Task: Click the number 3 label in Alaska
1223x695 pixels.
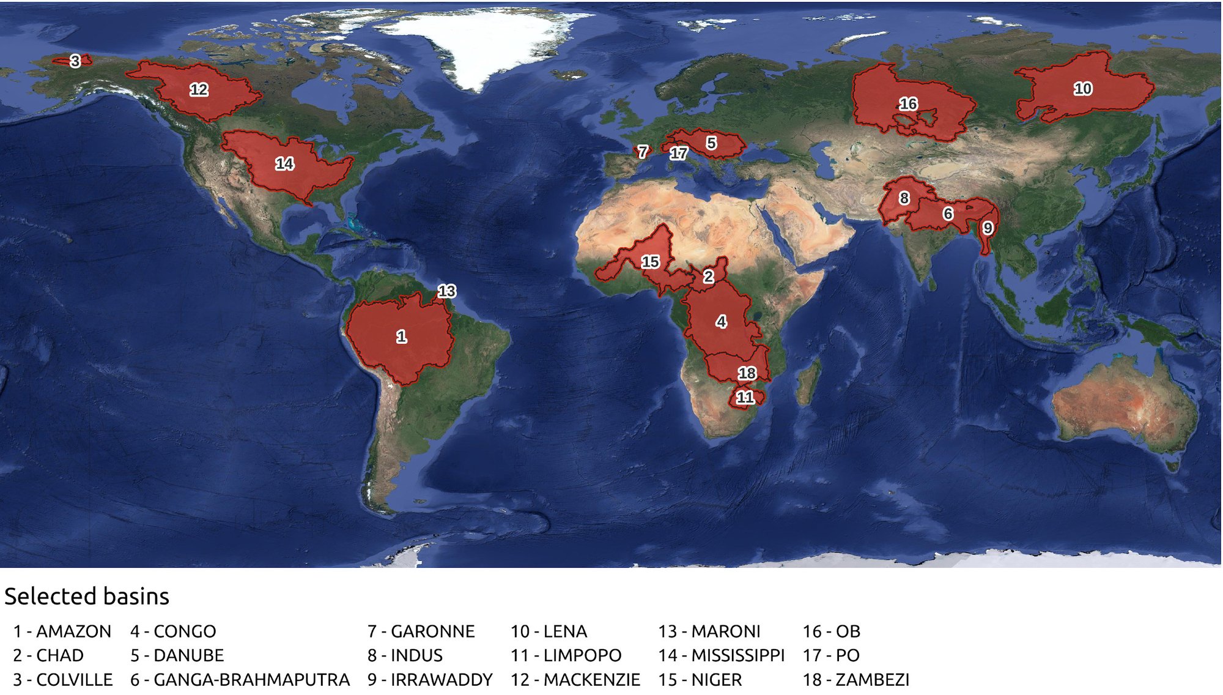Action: click(x=75, y=61)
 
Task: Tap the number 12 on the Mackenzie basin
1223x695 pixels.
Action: click(x=199, y=90)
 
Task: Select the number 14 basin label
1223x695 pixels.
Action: click(x=284, y=163)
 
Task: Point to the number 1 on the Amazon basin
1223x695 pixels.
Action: click(x=401, y=336)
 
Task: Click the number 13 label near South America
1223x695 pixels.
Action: click(x=446, y=291)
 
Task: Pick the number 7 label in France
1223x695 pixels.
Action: click(x=642, y=151)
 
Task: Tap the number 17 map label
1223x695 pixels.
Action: click(x=678, y=153)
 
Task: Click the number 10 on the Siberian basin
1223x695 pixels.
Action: click(x=1082, y=89)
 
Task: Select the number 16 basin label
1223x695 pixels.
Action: click(x=908, y=104)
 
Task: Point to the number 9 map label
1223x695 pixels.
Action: click(x=987, y=228)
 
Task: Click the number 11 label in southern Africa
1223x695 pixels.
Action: click(x=745, y=397)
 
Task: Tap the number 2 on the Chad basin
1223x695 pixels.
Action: click(x=708, y=277)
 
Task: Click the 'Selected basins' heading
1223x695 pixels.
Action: click(x=87, y=596)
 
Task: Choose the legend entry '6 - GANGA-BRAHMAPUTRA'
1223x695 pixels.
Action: click(x=240, y=679)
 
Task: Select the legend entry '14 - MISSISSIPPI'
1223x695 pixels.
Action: click(x=721, y=655)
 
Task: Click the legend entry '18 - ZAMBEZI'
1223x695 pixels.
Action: click(x=855, y=679)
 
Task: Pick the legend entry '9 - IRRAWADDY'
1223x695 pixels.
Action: click(x=430, y=679)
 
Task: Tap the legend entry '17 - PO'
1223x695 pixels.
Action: click(x=831, y=655)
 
